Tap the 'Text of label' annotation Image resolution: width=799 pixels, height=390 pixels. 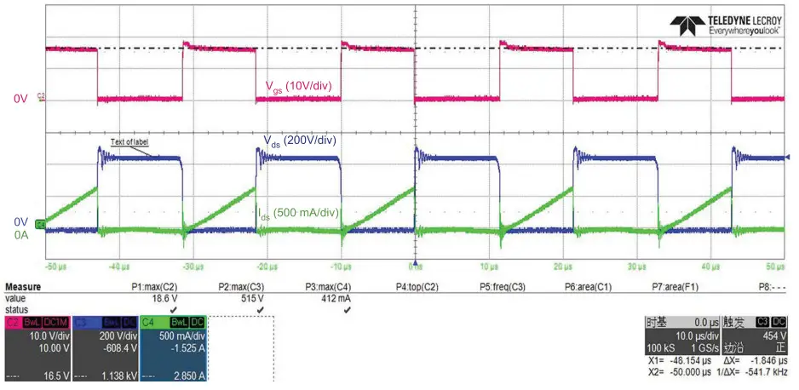131,142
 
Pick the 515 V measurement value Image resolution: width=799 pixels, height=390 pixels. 250,298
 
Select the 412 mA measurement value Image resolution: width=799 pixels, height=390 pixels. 337,298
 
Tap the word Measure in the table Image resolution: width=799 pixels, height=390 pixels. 23,287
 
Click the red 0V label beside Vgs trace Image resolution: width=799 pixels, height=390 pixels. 20,100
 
